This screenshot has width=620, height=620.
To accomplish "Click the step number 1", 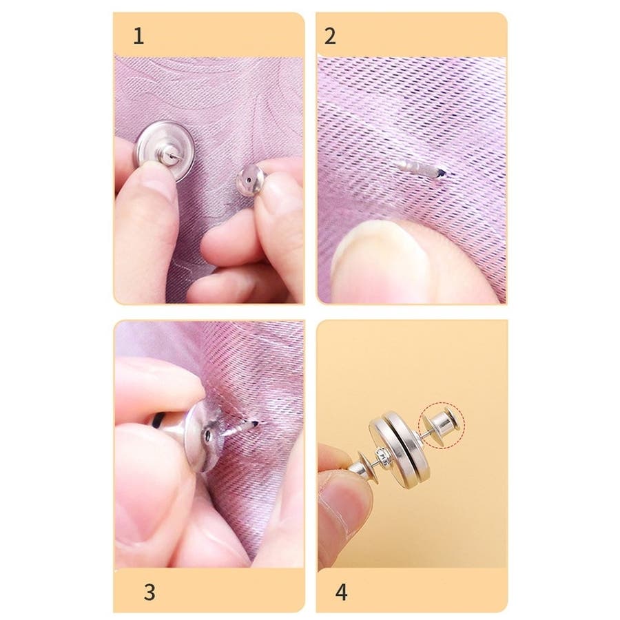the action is (x=138, y=36).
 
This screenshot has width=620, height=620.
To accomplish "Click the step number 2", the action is (x=330, y=36).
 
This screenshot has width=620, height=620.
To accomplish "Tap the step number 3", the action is (x=149, y=592).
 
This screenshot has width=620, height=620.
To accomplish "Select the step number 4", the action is (x=342, y=592).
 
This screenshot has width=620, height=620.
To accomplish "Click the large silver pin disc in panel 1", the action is (x=164, y=150).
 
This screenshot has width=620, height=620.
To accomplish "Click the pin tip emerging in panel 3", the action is (x=256, y=424).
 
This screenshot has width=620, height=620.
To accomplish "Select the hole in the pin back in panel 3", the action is (x=208, y=435).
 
